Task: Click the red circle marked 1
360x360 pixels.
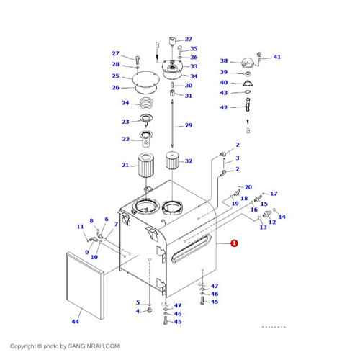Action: pos(234,245)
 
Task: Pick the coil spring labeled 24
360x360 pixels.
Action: pos(147,103)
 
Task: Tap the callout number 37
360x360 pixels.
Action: pos(189,39)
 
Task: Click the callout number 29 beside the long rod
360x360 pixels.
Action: pos(189,126)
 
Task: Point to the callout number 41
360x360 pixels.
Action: pos(277,57)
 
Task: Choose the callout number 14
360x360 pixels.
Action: pos(282,217)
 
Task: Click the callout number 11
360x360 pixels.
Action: pos(80,227)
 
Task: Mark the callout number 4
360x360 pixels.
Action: pos(138,311)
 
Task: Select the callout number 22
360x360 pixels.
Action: pos(125,140)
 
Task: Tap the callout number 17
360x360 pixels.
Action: pos(274,194)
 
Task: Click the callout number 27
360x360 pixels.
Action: pos(115,54)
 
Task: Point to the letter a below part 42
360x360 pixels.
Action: pos(248,132)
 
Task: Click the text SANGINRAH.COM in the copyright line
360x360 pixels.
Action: pos(94,346)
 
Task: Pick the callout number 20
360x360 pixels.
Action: pos(248,187)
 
